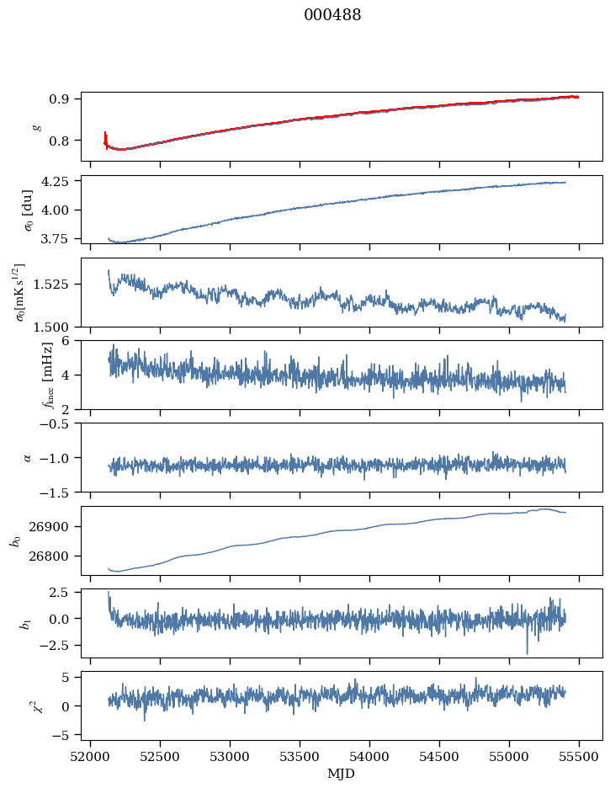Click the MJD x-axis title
(x=341, y=774)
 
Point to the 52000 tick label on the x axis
(x=92, y=757)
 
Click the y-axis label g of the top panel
(x=35, y=126)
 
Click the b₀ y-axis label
(x=14, y=540)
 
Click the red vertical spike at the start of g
(x=105, y=136)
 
